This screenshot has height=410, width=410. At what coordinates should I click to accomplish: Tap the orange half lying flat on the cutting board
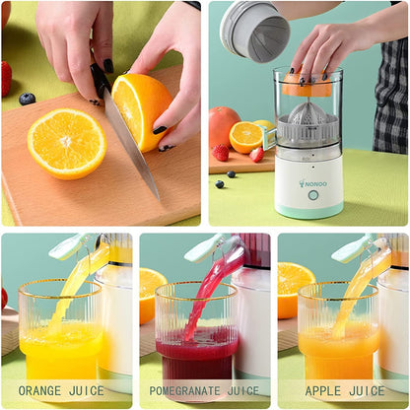(66, 142)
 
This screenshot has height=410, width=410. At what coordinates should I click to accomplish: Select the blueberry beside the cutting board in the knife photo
(28, 99)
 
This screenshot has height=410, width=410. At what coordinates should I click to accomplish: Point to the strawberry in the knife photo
(6, 78)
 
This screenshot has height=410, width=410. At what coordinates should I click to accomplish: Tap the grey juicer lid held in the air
(255, 30)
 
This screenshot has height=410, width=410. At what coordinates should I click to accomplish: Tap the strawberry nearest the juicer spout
(257, 154)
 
